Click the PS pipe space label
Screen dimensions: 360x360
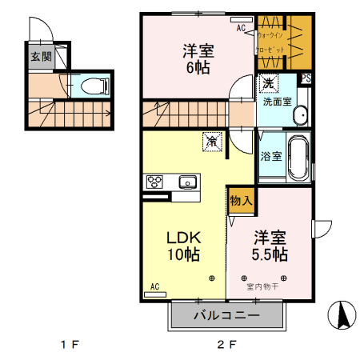[306, 78]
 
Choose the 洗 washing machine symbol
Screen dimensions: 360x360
[266, 83]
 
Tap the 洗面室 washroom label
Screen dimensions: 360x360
[277, 102]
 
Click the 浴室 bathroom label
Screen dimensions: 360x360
[270, 156]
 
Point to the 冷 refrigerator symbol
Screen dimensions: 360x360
[212, 141]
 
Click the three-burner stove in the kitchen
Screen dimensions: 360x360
[155, 182]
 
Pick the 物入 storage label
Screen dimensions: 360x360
[241, 201]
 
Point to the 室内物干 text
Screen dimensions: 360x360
[262, 286]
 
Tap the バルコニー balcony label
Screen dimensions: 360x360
[227, 315]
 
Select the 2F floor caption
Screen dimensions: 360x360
[227, 346]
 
